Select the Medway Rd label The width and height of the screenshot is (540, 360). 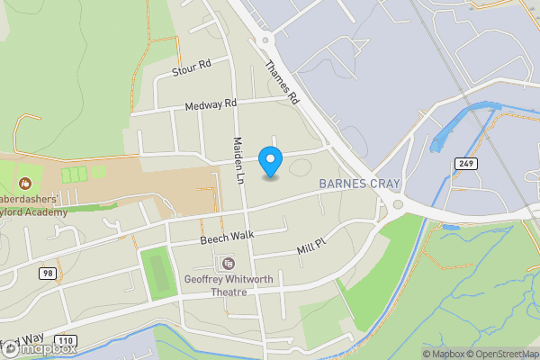210,106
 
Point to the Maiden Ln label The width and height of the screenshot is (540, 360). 239,155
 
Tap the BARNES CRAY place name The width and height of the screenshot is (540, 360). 359,184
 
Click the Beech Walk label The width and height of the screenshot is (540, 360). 226,236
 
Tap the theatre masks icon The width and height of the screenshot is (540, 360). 227,264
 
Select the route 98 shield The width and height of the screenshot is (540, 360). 48,272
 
